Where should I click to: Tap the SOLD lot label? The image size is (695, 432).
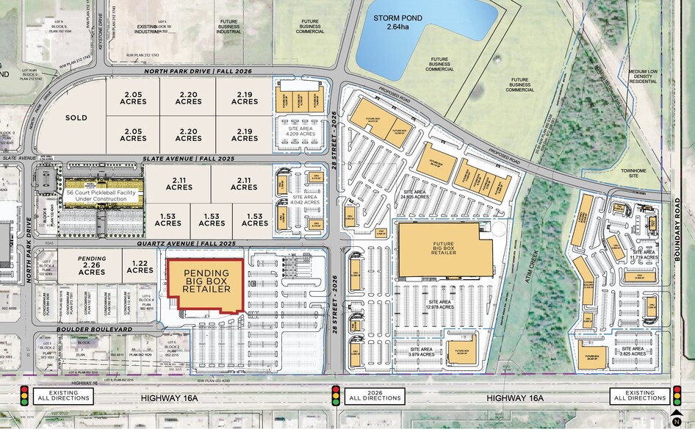click(x=76, y=118)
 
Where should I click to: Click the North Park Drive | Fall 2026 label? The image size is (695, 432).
click(x=178, y=71)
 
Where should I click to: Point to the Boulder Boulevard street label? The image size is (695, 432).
click(x=94, y=330)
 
